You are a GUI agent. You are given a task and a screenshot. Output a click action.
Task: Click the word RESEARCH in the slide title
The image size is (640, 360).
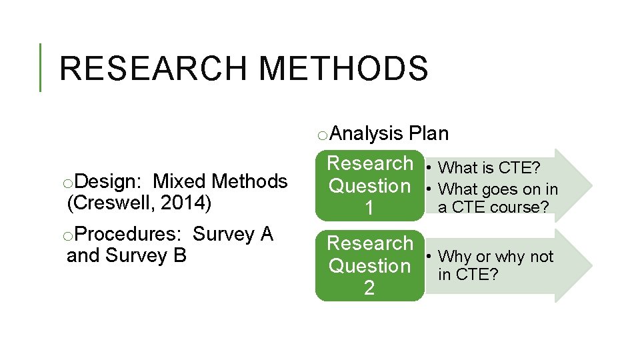pyautogui.click(x=152, y=68)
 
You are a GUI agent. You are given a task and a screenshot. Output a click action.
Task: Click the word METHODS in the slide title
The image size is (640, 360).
pyautogui.click(x=343, y=68)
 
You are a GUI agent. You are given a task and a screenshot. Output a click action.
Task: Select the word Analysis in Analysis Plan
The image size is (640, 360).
pyautogui.click(x=367, y=134)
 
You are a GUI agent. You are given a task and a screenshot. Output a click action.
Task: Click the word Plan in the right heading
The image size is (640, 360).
pyautogui.click(x=429, y=134)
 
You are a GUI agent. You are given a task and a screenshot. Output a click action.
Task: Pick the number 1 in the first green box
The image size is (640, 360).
pyautogui.click(x=369, y=209)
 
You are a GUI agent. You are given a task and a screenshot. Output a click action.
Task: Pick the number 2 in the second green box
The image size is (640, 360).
pyautogui.click(x=369, y=288)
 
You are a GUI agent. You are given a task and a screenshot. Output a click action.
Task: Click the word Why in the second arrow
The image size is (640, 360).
pyautogui.click(x=455, y=257)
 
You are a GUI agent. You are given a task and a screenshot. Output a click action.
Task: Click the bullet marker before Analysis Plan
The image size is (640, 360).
pyautogui.click(x=321, y=136)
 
